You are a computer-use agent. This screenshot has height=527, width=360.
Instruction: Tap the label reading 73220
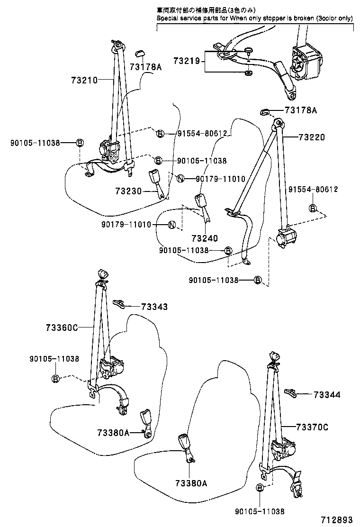[x=312, y=137]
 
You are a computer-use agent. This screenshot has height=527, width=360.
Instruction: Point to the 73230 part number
[x=128, y=191]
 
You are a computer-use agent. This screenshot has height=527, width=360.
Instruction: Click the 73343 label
[x=154, y=307]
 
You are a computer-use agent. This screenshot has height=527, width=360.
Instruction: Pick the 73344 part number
[x=327, y=394]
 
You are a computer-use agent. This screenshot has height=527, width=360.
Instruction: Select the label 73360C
[x=62, y=327]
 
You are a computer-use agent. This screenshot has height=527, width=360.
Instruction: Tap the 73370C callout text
[x=312, y=427]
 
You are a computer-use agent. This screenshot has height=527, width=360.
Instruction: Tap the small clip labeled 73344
[x=291, y=391]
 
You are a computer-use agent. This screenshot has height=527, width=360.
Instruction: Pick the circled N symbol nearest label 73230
[x=179, y=179]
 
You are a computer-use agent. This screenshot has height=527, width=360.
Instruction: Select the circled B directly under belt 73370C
[x=260, y=488]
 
